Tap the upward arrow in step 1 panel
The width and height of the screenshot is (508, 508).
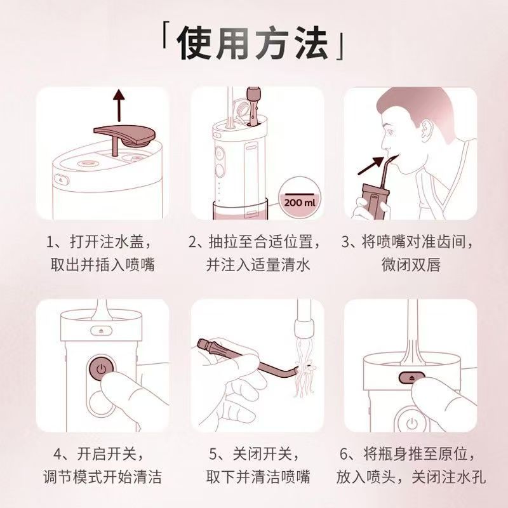pyautogui.click(x=117, y=105)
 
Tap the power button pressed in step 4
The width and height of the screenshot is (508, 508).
pyautogui.click(x=100, y=368)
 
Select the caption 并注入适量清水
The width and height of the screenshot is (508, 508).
pyautogui.click(x=258, y=265)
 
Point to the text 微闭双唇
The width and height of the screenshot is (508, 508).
pyautogui.click(x=409, y=265)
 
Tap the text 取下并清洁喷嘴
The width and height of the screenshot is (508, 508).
pyautogui.click(x=258, y=476)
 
